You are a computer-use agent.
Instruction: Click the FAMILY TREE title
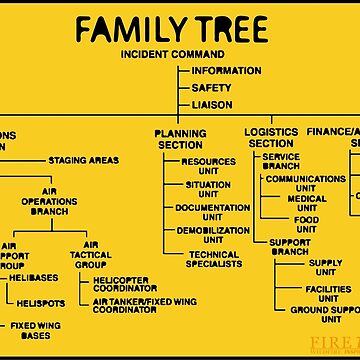pos(179,26)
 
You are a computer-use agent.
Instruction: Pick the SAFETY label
pos(211,88)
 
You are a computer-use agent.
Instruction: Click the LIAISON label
pos(213,104)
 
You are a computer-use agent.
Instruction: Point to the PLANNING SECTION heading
pos(180,139)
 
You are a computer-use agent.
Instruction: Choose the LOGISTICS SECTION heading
pos(272,138)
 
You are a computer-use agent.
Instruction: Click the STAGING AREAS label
pos(83,160)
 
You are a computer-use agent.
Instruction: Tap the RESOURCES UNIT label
pos(208,166)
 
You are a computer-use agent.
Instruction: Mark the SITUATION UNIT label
pos(208,190)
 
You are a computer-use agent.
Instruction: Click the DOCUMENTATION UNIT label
pos(212,213)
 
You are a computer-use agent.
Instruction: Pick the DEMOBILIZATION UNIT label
pos(213,235)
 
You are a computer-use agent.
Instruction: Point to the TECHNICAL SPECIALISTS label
pos(213,259)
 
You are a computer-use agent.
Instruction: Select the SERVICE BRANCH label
pos(281,161)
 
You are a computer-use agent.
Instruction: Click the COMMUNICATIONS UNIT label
pos(306,183)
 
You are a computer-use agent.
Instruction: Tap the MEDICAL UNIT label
pos(306,203)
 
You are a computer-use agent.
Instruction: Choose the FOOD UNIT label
pos(306,225)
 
